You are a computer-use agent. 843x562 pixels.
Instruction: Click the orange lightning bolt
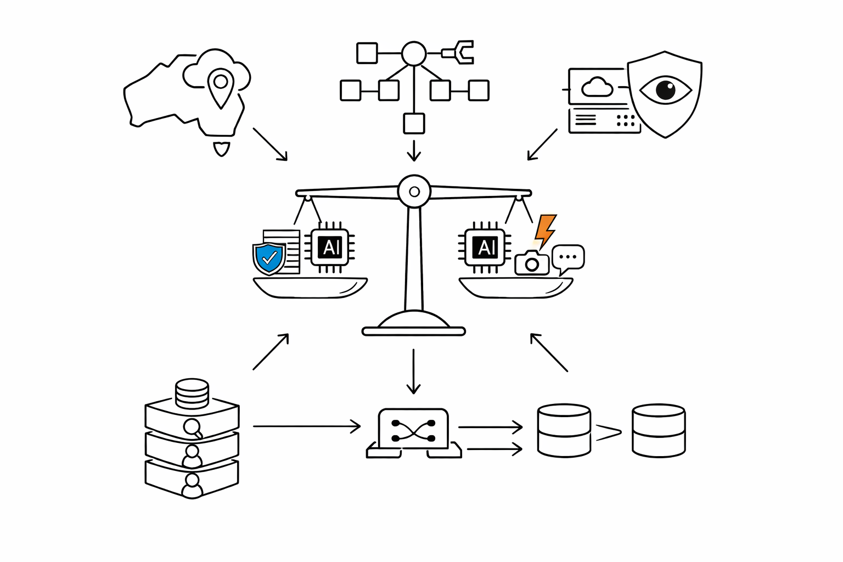pos(545,231)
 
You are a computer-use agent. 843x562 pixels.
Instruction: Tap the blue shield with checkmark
pos(269,258)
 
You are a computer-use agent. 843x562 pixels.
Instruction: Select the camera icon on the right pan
pos(532,263)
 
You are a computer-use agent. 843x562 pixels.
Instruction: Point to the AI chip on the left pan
pos(330,248)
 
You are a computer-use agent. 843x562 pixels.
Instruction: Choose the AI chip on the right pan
pos(485,248)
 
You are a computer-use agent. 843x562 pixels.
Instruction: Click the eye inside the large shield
pos(665,90)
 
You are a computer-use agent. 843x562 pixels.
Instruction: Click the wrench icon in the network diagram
pos(458,52)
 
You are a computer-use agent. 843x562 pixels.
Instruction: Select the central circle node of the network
pos(414,53)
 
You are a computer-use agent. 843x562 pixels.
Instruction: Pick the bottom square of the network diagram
pos(414,123)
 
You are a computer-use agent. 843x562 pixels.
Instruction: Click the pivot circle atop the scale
pos(414,191)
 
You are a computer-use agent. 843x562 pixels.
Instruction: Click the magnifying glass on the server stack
pos(193,429)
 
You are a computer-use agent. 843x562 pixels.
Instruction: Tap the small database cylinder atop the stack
pos(192,394)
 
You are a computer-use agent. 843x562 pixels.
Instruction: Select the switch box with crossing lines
pos(414,433)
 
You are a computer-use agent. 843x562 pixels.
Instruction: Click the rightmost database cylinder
pos(659,431)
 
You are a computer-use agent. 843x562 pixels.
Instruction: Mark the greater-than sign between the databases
pos(608,432)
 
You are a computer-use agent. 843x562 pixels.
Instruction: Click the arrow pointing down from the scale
pos(414,372)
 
